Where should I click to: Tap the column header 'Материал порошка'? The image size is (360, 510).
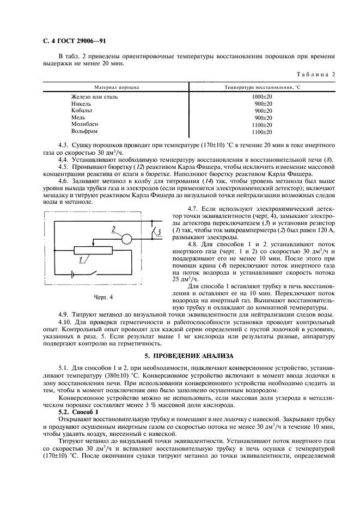[117, 87]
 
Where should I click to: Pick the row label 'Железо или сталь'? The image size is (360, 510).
[94, 96]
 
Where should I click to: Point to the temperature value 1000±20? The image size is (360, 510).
[262, 96]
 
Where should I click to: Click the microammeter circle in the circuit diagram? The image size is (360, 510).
[126, 238]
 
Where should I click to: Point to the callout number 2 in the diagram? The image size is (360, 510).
[114, 229]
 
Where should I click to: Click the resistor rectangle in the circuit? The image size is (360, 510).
[93, 250]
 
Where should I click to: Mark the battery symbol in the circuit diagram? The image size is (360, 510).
[69, 275]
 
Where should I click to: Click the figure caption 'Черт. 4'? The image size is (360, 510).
[103, 297]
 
